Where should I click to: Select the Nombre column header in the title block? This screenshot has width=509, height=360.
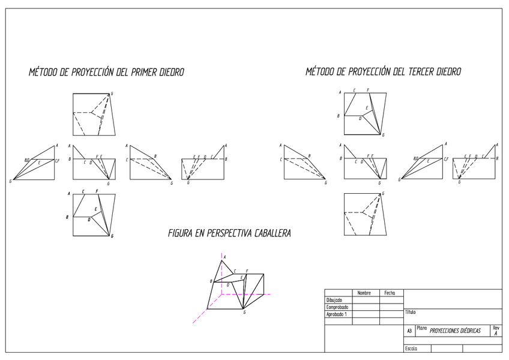tap(364, 293)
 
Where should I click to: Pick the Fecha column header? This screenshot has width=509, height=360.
tap(390, 293)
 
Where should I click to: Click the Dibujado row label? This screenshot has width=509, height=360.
tap(334, 300)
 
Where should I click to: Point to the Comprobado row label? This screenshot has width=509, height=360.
tap(337, 307)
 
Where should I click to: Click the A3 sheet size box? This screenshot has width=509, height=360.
tap(409, 331)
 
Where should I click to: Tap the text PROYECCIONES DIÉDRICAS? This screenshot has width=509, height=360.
tap(455, 331)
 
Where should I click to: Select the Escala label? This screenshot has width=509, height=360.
tap(411, 349)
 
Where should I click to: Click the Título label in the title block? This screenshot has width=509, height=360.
tap(411, 312)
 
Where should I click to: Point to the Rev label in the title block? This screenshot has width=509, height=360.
tap(496, 328)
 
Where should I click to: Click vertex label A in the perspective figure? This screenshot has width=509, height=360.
tap(224, 257)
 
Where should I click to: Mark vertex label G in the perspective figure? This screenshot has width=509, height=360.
tap(244, 313)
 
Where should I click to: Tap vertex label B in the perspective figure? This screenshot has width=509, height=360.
tap(211, 281)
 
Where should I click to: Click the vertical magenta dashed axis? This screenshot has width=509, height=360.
tap(221, 288)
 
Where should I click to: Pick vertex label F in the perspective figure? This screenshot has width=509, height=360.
tap(247, 271)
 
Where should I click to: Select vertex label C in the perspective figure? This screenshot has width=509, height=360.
tap(235, 271)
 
